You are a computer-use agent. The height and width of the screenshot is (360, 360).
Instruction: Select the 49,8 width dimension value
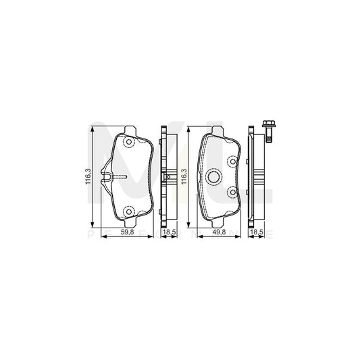pyautogui.click(x=220, y=233)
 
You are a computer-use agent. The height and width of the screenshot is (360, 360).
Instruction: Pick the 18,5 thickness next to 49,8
pyautogui.click(x=257, y=233)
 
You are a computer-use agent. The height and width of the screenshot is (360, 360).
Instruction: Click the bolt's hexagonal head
pyautogui.click(x=267, y=126)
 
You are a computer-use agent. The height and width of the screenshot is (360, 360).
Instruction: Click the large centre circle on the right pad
pyautogui.click(x=215, y=177)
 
